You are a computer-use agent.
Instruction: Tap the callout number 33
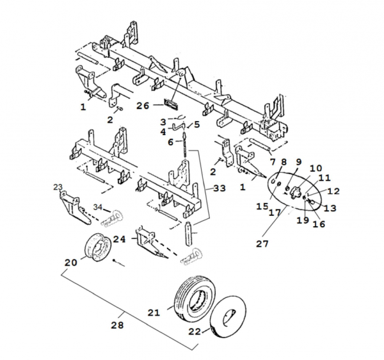[x=220, y=189]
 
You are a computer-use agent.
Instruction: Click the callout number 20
[x=70, y=263]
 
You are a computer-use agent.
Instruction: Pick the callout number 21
[x=154, y=312]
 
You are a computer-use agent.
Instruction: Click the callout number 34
[x=98, y=208]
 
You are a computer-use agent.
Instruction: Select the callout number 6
[x=171, y=141]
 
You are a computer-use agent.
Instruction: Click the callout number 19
[x=302, y=220]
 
